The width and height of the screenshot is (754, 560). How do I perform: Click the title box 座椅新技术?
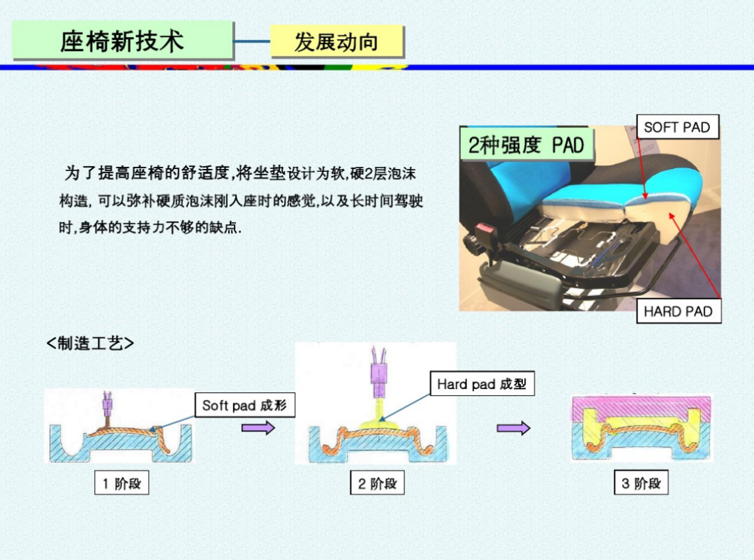point(123,40)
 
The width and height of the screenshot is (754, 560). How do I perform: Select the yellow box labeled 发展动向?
point(337,42)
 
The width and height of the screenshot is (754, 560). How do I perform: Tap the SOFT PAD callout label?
point(677,127)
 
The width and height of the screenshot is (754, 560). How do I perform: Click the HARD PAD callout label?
point(678,311)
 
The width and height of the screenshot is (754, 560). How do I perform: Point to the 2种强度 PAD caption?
point(526,145)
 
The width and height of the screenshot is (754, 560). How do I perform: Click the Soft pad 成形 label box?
point(244,405)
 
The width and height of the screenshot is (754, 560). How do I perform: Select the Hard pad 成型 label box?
point(482,383)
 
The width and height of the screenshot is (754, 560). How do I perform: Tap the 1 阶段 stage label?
point(122,483)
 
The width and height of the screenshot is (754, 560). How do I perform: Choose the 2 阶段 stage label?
point(377,483)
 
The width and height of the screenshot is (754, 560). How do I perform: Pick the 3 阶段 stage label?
point(641,483)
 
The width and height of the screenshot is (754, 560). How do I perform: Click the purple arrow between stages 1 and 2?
point(258,427)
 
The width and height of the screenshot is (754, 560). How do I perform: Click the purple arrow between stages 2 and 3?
point(513,427)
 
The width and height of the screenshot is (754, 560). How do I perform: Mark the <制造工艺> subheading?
point(90,343)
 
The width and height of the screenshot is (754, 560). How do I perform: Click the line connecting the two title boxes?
point(252,41)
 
